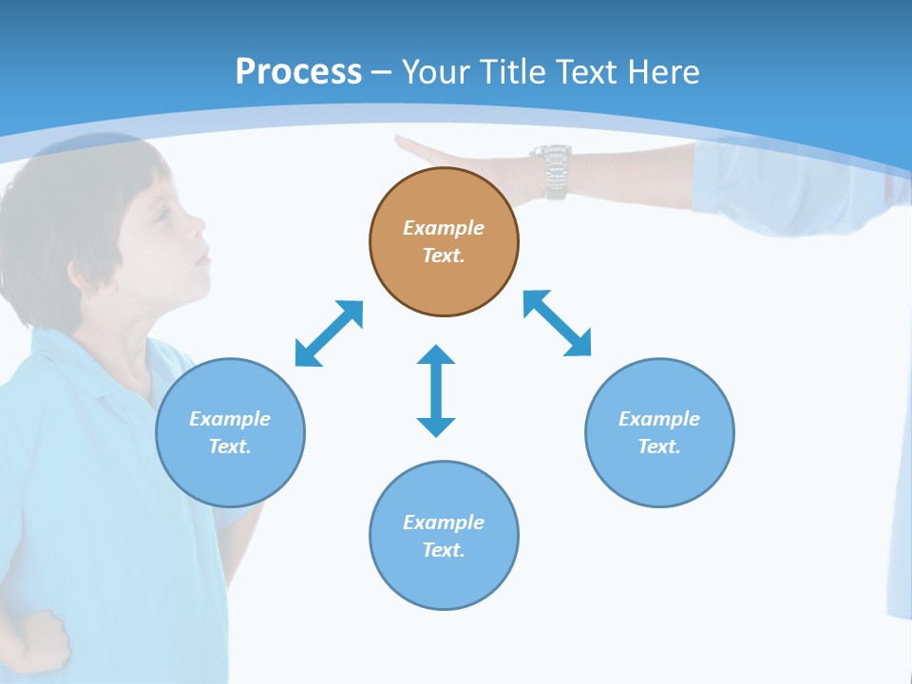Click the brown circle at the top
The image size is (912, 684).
pos(444,242)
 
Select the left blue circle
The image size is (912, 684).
pos(230,432)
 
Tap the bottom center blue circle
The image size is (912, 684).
pos(444,536)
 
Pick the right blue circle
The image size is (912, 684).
pos(659,432)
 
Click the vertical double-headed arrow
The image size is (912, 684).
pos(436,390)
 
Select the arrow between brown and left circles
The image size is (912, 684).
pos(329,333)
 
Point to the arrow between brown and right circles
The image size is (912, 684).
pos(558,323)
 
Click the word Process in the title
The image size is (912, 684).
pos(298,71)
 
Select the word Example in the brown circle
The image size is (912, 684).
pos(444,228)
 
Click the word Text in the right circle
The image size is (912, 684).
pos(659,446)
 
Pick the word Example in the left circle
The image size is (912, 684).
pos(230,419)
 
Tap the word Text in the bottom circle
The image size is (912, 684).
pos(444,550)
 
